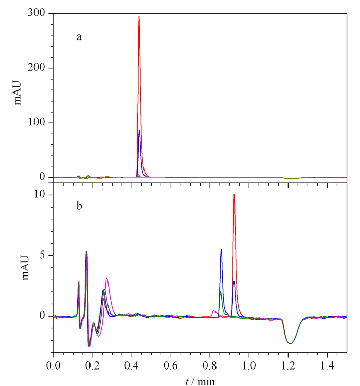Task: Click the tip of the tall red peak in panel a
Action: pyautogui.click(x=139, y=16)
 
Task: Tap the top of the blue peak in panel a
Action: pyautogui.click(x=139, y=130)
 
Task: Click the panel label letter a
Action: pyautogui.click(x=79, y=37)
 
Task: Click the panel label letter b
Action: pyautogui.click(x=79, y=206)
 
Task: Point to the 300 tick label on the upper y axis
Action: pyautogui.click(x=37, y=12)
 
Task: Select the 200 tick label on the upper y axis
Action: pyautogui.click(x=37, y=67)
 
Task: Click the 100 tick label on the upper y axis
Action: pyautogui.click(x=37, y=122)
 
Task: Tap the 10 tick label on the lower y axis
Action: pyautogui.click(x=40, y=194)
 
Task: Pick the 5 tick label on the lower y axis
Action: pyautogui.click(x=42, y=255)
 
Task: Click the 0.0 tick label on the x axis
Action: pyautogui.click(x=53, y=365)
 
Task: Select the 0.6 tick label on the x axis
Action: pyautogui.click(x=171, y=365)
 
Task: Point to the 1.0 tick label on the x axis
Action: pyautogui.click(x=249, y=365)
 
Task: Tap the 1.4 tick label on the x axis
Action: pyautogui.click(x=327, y=365)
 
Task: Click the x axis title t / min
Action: pyautogui.click(x=200, y=381)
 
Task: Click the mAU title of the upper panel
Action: pyautogui.click(x=17, y=93)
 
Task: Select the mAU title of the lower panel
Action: pyautogui.click(x=25, y=268)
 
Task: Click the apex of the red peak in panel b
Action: pyautogui.click(x=234, y=195)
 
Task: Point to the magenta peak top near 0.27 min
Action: pyautogui.click(x=107, y=278)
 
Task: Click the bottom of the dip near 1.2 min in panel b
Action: pyautogui.click(x=291, y=343)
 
